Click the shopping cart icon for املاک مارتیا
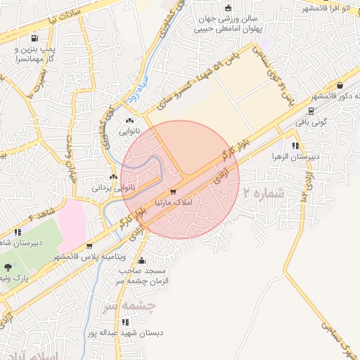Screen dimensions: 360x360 (173, 191)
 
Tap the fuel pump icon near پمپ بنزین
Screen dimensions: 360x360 (34, 39)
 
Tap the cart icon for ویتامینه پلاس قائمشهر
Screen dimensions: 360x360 (89, 246)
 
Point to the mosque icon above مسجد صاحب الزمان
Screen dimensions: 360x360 (142, 260)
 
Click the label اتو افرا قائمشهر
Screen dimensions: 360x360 (331, 8)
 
